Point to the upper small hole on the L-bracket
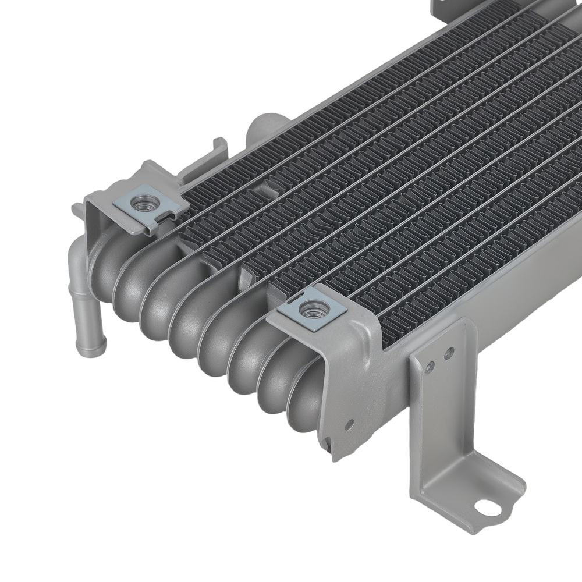click(448, 352)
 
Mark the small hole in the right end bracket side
click(350, 423)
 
